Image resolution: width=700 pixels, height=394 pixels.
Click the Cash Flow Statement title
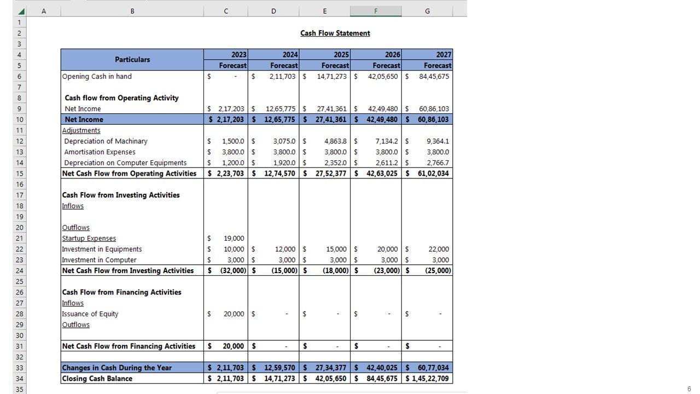coord(335,33)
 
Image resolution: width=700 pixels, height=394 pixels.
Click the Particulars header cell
coord(132,60)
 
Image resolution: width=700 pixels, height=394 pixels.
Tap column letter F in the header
coord(376,11)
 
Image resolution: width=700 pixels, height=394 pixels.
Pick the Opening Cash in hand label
coord(97,77)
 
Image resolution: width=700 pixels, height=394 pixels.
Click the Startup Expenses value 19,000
coord(234,239)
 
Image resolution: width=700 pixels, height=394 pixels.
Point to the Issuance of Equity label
coord(90,314)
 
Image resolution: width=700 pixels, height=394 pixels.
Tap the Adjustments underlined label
coord(81,130)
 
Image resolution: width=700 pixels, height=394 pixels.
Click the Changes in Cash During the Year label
coord(116,368)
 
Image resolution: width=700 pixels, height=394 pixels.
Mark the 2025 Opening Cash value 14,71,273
coord(331,77)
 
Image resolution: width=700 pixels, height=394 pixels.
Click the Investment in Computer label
coord(99,260)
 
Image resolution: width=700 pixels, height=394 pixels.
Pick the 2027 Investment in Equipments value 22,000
coord(439,250)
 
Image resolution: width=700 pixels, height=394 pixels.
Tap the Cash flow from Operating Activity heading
coord(121,98)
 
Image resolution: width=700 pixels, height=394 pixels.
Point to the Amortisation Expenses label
coord(100,152)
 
